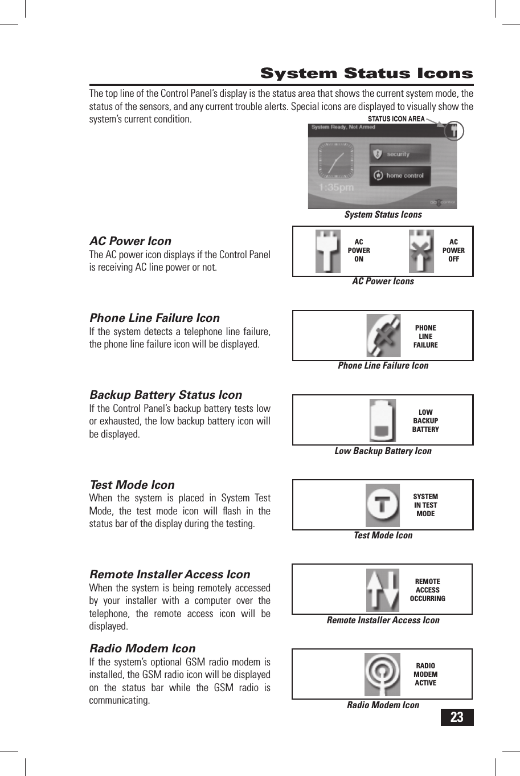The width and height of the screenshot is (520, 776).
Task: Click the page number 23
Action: pos(457,717)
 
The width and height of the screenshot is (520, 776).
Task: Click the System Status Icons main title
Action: pos(366,73)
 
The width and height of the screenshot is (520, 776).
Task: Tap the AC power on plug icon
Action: pos(328,251)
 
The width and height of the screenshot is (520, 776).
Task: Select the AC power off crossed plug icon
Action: pos(421,251)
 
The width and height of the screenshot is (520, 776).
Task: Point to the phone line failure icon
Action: pos(383,336)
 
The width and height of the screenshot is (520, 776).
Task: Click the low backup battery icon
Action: pos(382,420)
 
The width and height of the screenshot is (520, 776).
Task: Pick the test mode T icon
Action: pos(382,505)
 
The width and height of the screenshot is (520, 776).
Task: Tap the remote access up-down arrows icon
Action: pos(382,590)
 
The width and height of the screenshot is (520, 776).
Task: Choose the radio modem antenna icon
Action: pos(382,675)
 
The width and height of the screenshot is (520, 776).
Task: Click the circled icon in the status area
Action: pos(453,132)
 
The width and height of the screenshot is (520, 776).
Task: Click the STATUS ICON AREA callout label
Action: pos(396,119)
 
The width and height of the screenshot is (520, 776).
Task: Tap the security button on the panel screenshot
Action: pos(400,154)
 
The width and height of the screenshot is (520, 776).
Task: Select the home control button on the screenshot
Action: pos(400,175)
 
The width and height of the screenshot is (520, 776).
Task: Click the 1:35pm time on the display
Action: pos(336,187)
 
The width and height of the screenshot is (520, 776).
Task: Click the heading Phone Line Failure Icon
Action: pos(154,318)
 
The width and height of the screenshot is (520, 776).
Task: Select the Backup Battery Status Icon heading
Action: pos(166,395)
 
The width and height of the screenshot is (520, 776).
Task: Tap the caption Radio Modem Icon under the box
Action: pos(383,705)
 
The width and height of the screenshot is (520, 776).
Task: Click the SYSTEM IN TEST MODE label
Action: pos(425,505)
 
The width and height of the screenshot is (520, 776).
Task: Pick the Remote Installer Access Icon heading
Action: pos(170,574)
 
